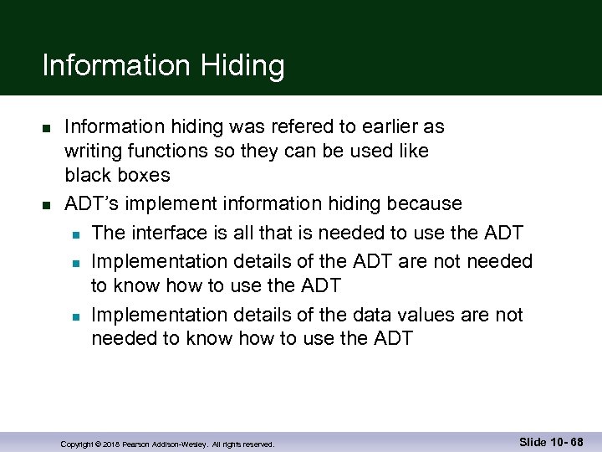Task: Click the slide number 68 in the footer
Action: coord(576,442)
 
